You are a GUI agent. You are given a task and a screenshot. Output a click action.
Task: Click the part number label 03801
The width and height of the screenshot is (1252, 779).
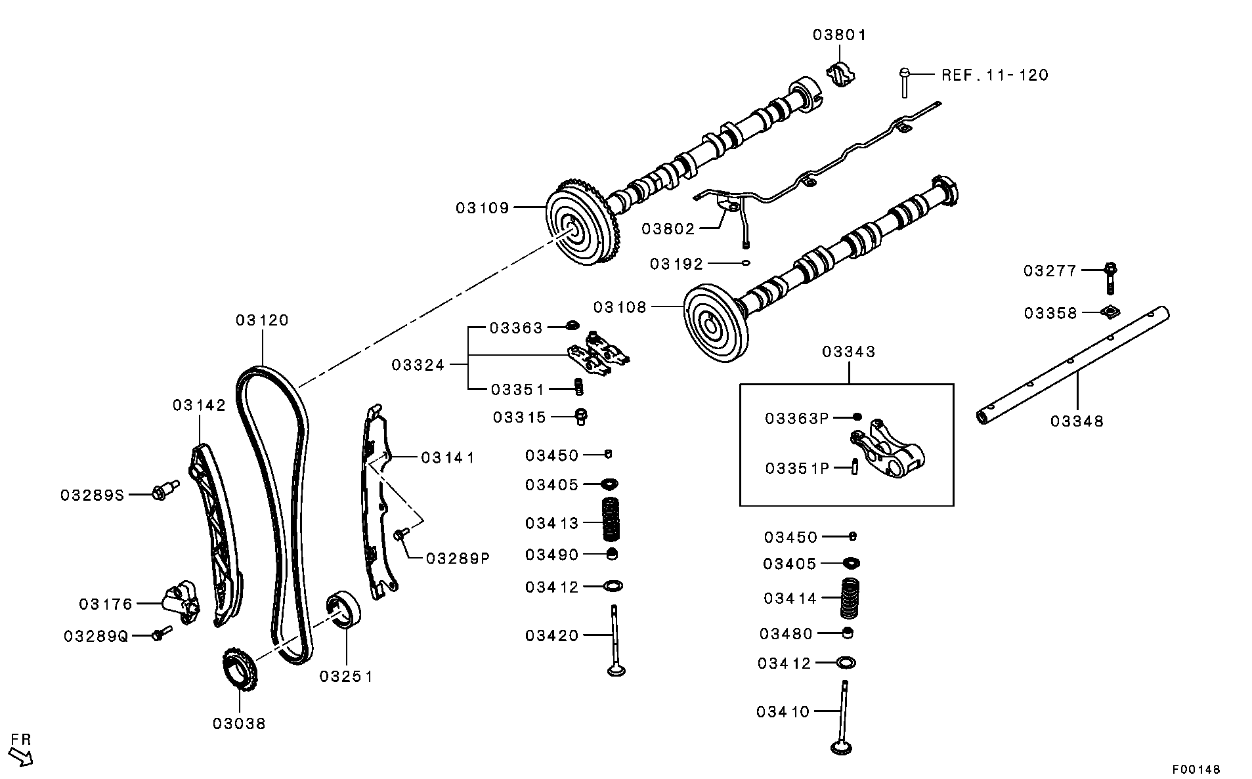[839, 35]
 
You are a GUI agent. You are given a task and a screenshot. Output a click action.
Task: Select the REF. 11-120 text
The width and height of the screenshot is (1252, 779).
[995, 75]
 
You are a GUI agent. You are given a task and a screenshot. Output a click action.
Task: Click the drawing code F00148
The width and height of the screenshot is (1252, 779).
[1196, 769]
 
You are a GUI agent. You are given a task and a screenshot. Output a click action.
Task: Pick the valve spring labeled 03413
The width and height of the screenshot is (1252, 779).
[612, 519]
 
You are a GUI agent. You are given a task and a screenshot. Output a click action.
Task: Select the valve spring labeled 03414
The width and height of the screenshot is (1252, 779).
[851, 599]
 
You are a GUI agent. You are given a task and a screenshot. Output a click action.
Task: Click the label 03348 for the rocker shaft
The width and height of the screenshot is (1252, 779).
[1077, 421]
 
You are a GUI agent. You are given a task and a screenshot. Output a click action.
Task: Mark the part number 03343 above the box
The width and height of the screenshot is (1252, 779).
[848, 352]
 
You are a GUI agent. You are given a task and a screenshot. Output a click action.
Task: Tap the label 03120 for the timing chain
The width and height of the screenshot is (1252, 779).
[263, 320]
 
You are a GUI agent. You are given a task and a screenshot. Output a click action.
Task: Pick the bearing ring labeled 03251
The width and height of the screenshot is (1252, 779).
[344, 609]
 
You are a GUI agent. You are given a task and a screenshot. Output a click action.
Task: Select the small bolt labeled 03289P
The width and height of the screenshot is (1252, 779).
[400, 535]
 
